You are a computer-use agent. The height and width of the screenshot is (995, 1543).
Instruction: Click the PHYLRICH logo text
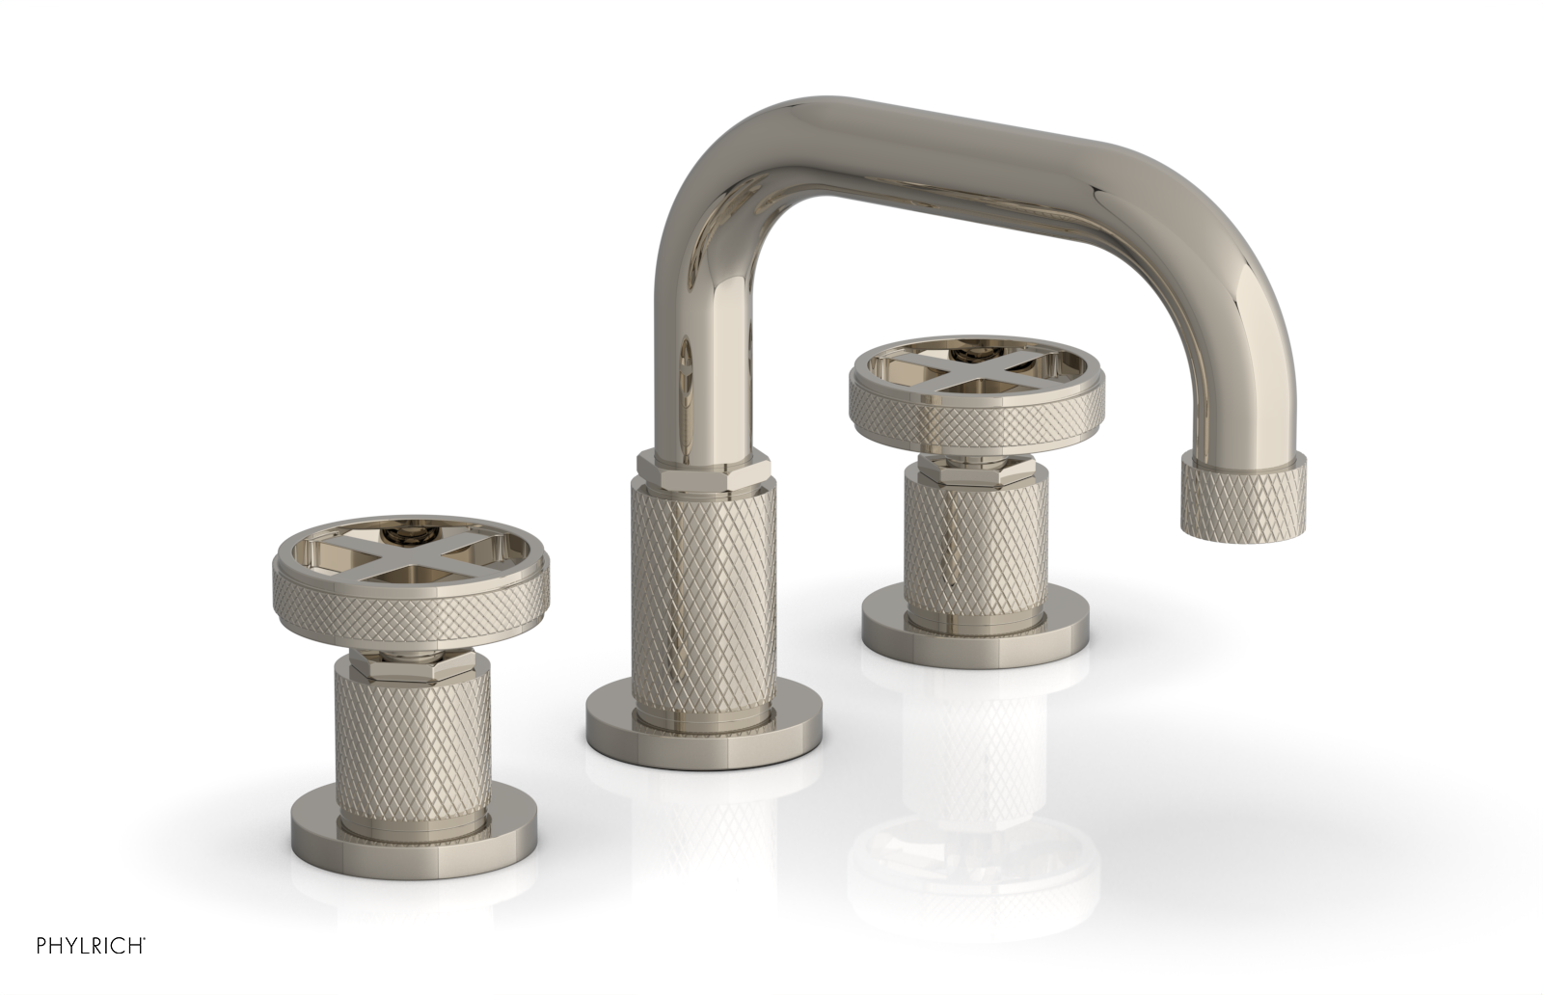[x=72, y=968]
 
